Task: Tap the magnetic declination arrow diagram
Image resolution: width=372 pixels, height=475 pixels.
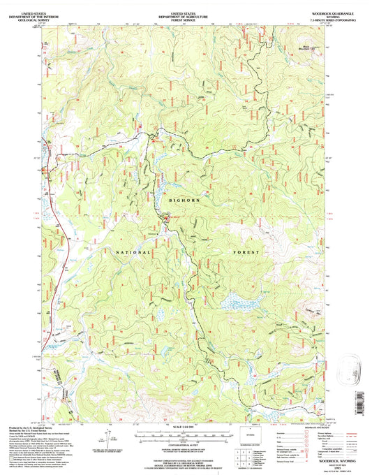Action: pyautogui.click(x=105, y=440)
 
